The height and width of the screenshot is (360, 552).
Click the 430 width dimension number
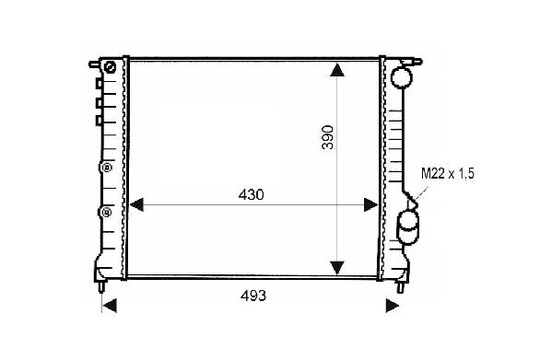[251, 194]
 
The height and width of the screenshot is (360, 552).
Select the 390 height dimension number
[327, 137]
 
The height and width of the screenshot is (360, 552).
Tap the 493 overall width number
[253, 296]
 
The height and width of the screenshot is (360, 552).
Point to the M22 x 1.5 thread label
[448, 174]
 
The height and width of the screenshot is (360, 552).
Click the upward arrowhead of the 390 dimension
[337, 70]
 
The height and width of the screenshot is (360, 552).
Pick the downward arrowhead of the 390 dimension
[337, 268]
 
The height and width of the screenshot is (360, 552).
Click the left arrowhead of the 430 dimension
[136, 204]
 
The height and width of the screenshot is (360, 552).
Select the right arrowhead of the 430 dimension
[370, 204]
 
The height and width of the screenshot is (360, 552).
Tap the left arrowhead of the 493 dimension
[110, 306]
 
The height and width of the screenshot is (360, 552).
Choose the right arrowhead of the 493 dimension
[393, 306]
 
